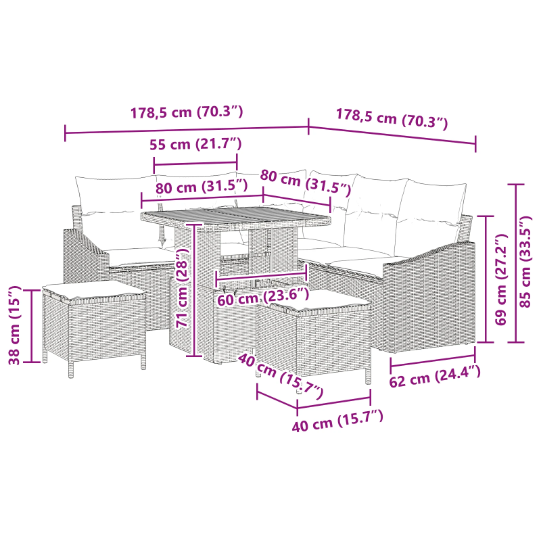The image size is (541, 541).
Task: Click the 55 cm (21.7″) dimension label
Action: tap(195, 144)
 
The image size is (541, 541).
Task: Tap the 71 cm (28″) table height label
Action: tap(182, 288)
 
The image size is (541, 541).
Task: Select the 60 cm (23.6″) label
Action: tap(263, 297)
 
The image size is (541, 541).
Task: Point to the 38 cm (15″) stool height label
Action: tap(14, 325)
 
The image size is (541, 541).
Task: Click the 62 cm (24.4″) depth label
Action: tap(435, 376)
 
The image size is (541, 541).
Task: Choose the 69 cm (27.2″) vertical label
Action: tap(501, 279)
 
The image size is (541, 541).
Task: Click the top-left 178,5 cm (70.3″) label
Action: tap(187, 112)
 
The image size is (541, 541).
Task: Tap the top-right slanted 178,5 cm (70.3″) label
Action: tap(392, 119)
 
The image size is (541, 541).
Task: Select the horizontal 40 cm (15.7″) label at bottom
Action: tap(337, 421)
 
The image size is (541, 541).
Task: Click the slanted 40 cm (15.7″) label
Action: tap(281, 376)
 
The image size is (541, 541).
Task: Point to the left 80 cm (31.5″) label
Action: tap(202, 187)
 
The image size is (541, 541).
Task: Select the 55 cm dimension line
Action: tap(195, 163)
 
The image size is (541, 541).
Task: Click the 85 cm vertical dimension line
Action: tap(516, 263)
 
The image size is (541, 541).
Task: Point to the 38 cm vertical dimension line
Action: tap(31, 327)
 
